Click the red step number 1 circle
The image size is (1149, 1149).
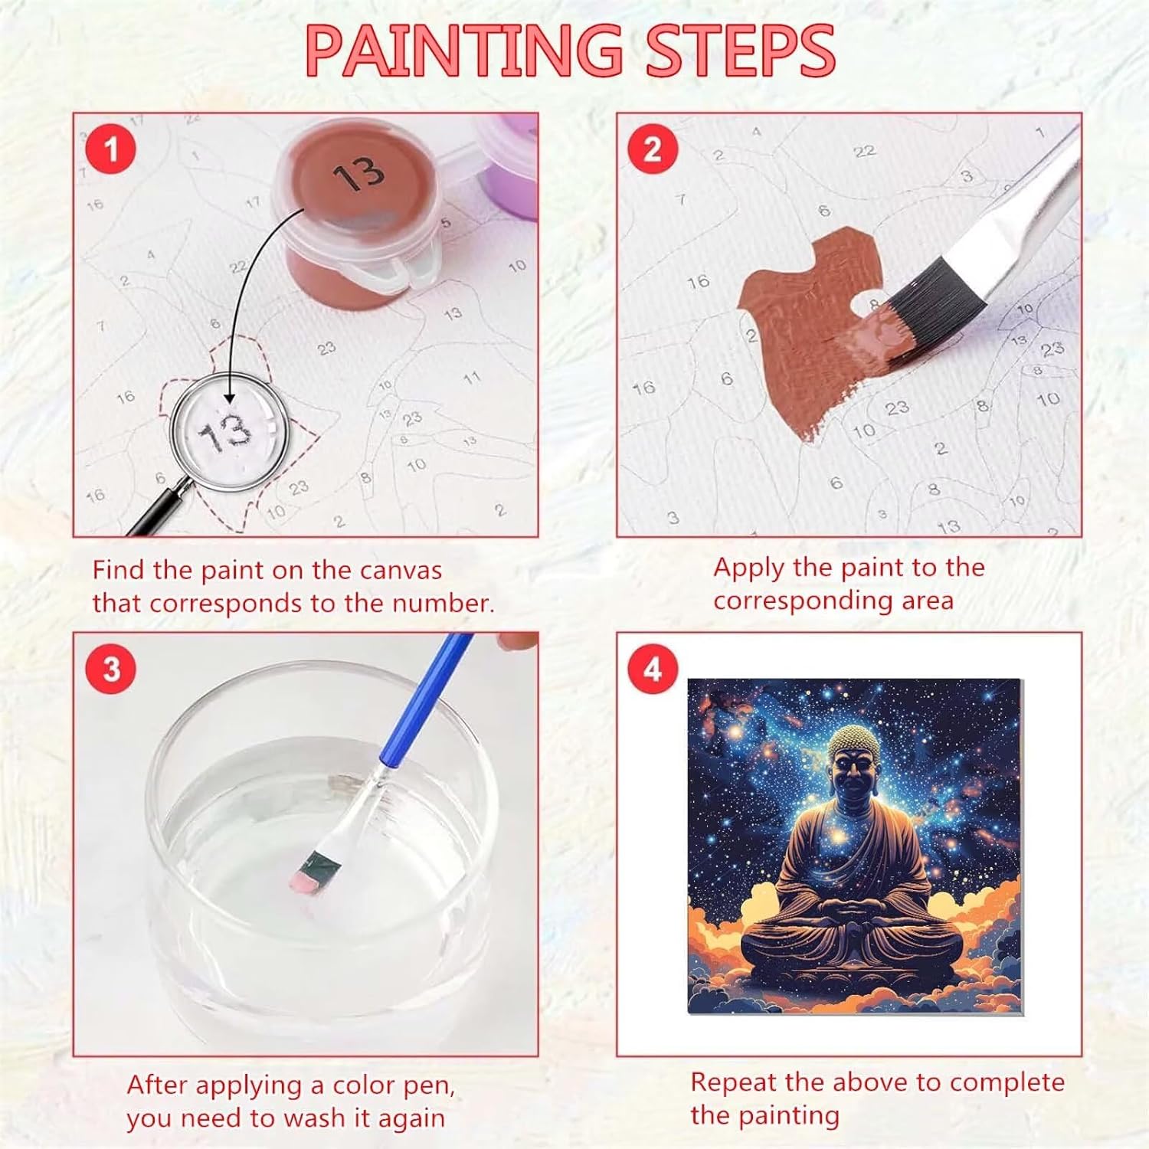(111, 149)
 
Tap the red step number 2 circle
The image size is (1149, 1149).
(653, 149)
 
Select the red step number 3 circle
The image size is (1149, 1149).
(112, 669)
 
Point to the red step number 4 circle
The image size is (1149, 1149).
(653, 669)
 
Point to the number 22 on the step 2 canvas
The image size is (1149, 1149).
(865, 152)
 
